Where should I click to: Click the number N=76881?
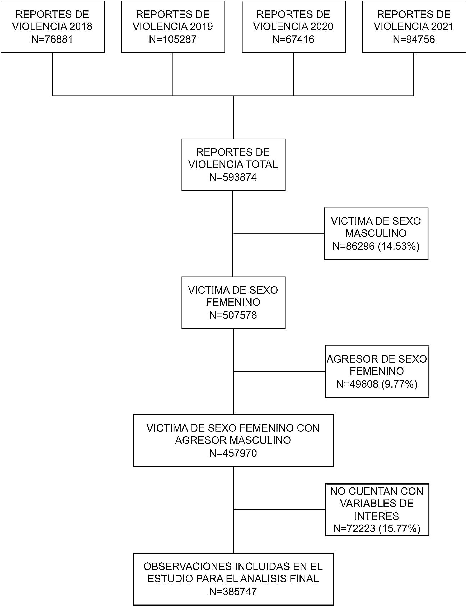click(x=52, y=40)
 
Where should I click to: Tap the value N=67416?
click(x=293, y=40)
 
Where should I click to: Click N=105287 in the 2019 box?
click(x=173, y=40)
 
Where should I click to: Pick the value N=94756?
click(x=414, y=40)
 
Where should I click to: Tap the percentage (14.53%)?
click(x=399, y=246)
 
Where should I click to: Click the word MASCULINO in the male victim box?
click(x=376, y=233)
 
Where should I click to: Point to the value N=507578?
click(x=233, y=315)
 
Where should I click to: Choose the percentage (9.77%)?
click(x=400, y=384)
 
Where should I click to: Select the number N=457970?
click(x=233, y=453)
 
